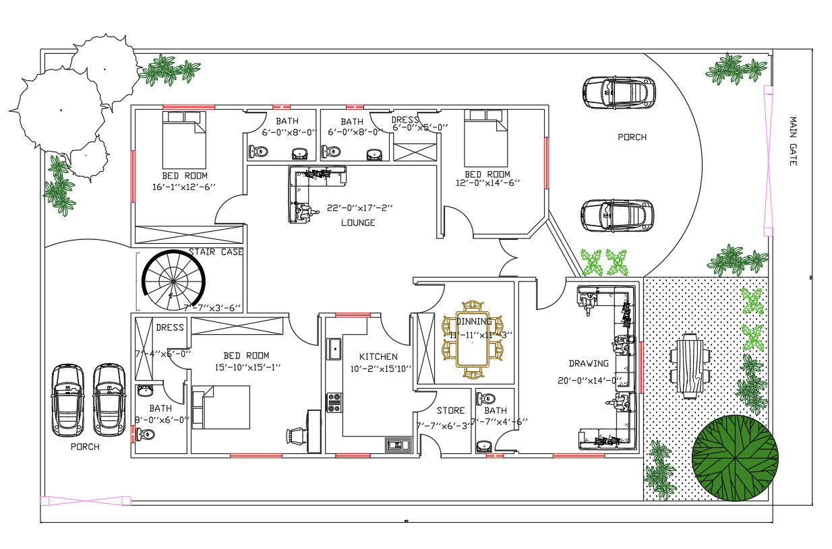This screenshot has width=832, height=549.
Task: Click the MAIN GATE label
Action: [x=793, y=141]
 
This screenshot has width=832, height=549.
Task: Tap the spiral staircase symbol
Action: [x=171, y=280]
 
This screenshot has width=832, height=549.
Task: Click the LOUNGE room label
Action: [x=357, y=223]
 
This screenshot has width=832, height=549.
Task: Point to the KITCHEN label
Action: [x=378, y=356]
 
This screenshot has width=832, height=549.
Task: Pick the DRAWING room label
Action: [x=588, y=364]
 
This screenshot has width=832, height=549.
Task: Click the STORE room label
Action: [x=450, y=410]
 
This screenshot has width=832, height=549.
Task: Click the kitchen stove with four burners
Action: [x=334, y=402]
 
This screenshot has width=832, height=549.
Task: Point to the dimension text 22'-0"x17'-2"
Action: [x=359, y=208]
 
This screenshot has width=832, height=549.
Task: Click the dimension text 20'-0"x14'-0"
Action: [x=588, y=381]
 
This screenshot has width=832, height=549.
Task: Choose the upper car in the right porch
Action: [x=618, y=92]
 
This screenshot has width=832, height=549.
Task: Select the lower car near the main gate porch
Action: [x=617, y=216]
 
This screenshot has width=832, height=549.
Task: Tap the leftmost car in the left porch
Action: [x=68, y=400]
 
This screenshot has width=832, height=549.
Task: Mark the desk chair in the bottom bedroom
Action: [x=295, y=436]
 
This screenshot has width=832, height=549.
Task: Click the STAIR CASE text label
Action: [x=216, y=252]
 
